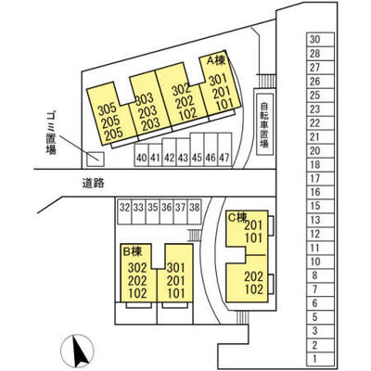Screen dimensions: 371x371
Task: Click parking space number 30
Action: pos(320,40)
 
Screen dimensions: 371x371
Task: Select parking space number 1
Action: pos(320,359)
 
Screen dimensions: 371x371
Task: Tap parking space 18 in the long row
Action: pos(320,165)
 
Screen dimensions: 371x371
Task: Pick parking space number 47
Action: pos(224,149)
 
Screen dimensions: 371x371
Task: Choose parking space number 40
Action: pos(141,155)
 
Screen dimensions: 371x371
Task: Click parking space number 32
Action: pos(124,211)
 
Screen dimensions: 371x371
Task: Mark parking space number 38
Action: pos(195,211)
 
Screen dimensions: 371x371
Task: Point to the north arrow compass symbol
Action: pos(77,351)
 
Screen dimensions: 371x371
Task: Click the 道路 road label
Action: pos(93,184)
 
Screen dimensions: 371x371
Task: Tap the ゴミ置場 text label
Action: pos(51,134)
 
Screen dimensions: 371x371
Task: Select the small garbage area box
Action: pos(96,160)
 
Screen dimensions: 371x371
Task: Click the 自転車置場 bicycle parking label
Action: pos(263,125)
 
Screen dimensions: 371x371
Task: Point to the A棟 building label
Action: pos(215,60)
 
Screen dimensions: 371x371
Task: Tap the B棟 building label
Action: pos(133,251)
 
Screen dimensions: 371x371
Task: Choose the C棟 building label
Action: pos(237,218)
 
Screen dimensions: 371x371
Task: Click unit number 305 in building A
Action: pos(107,109)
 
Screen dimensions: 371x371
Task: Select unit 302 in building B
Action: pos(137,268)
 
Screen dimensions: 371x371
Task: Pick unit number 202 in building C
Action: pos(253,276)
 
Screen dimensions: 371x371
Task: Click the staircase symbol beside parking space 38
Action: pos(194,236)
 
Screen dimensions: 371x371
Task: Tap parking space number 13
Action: pos(320,220)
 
